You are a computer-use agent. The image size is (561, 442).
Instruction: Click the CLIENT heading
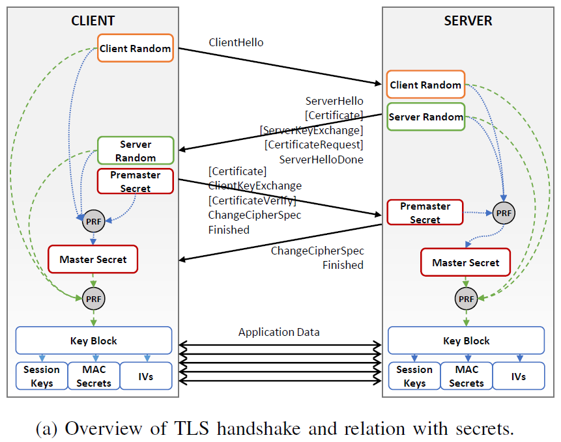(93, 21)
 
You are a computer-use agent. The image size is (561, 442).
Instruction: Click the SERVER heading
(468, 21)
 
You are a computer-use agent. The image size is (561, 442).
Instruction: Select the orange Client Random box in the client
(136, 48)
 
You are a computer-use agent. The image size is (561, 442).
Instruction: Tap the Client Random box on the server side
(425, 85)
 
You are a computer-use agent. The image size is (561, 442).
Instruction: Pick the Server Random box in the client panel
(136, 150)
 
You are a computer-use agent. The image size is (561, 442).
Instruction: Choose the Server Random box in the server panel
(425, 117)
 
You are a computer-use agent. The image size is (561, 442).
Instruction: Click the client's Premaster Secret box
(136, 182)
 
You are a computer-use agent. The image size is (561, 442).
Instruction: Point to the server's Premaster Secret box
(425, 213)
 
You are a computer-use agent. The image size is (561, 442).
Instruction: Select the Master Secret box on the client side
(93, 259)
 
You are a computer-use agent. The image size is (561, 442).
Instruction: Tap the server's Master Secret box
(465, 263)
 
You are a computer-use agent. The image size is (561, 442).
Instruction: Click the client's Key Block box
(93, 340)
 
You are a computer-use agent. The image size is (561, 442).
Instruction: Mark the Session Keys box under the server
(414, 376)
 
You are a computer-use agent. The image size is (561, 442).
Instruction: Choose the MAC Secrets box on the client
(94, 376)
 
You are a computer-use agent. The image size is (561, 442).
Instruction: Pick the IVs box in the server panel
(518, 376)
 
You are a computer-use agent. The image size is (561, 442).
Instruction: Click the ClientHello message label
(236, 42)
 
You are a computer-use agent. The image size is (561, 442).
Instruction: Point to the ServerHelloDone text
(321, 159)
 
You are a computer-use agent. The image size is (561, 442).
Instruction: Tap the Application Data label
(279, 332)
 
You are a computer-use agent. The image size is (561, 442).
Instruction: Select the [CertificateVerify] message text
(252, 200)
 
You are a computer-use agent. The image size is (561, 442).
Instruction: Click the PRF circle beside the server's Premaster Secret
(503, 212)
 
